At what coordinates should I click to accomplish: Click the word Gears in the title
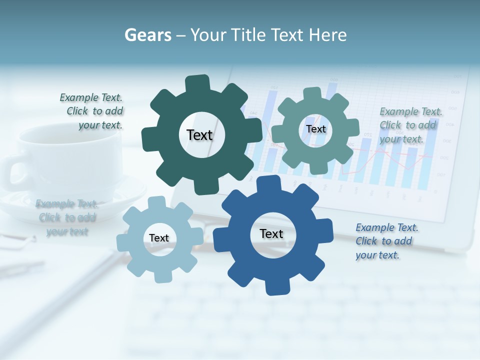point(147,35)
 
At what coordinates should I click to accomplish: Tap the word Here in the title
point(327,35)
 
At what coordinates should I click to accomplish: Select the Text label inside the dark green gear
point(199,135)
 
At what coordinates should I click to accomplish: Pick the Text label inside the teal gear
point(315,129)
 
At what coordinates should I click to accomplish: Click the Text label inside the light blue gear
point(159,238)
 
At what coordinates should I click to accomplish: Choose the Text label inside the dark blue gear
point(271,233)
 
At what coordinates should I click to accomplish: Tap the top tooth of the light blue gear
point(156,203)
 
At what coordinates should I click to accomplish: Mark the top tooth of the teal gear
point(312,94)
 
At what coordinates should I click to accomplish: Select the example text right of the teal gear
point(410,125)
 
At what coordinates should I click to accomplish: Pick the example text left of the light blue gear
point(67,217)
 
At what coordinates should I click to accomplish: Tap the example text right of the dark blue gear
point(386,241)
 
